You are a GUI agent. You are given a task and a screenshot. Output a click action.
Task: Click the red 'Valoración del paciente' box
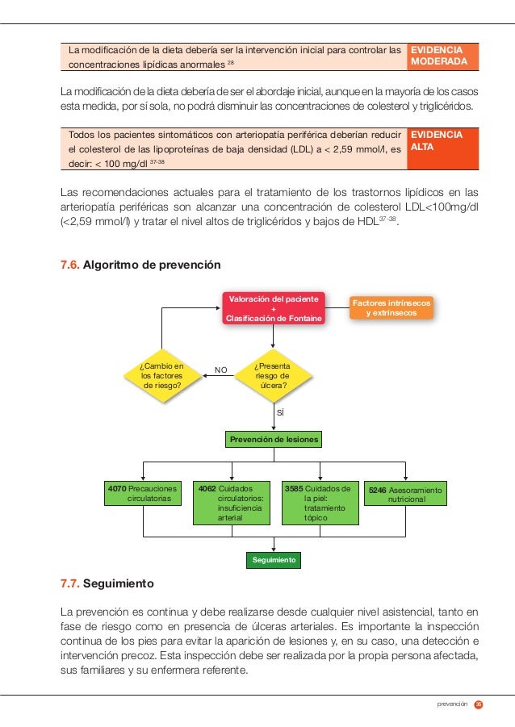(273, 308)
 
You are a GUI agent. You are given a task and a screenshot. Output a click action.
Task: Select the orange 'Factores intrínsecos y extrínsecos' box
(391, 307)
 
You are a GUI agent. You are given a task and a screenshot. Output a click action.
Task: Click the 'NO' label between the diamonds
(220, 370)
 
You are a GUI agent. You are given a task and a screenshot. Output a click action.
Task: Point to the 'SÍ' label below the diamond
(280, 412)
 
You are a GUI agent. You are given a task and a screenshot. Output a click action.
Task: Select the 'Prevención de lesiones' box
(274, 439)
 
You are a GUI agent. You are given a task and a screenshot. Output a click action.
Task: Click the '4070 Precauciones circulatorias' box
(143, 494)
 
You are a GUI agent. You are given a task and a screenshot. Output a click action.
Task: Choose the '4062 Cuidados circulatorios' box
(232, 503)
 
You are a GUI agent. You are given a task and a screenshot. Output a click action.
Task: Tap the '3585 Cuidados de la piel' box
(320, 503)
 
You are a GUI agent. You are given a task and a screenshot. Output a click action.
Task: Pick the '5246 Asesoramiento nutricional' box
(405, 495)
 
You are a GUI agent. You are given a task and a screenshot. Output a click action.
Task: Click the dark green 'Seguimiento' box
(273, 560)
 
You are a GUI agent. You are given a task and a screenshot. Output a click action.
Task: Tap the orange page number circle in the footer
(479, 704)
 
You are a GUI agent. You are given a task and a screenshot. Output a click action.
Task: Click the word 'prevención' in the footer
(452, 704)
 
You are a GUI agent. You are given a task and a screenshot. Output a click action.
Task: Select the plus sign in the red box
(273, 308)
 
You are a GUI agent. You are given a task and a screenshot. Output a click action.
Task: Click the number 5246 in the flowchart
(377, 490)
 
